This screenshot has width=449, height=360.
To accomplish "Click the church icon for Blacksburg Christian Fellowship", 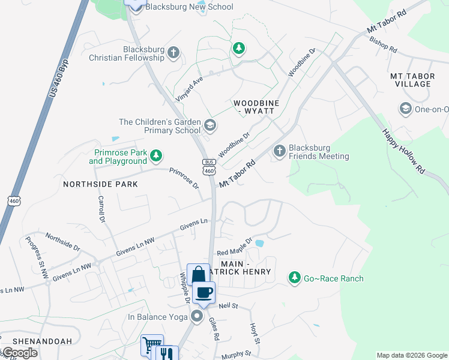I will pos(174,53).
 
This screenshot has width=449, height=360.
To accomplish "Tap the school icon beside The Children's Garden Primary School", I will pos(210,125).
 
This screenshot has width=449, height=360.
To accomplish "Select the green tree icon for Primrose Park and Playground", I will pos(156,157).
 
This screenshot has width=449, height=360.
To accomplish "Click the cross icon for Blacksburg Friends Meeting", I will pos(279,151).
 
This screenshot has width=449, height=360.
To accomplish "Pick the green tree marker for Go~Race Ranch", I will pos(294,278).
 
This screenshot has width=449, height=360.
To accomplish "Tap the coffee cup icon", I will pos(205,292).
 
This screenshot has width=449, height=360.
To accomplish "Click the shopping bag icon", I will pos(198,275).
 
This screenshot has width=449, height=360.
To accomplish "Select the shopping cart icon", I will pos(151,346).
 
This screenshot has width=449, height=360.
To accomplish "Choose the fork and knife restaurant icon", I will pos(167,354).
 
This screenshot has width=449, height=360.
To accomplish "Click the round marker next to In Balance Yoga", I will pos(197,316).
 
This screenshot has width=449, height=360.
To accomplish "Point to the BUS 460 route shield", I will pos(209,167).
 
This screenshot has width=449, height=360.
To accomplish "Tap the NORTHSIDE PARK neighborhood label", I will pos(100,184).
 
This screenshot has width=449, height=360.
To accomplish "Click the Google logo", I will pos(19,353).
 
